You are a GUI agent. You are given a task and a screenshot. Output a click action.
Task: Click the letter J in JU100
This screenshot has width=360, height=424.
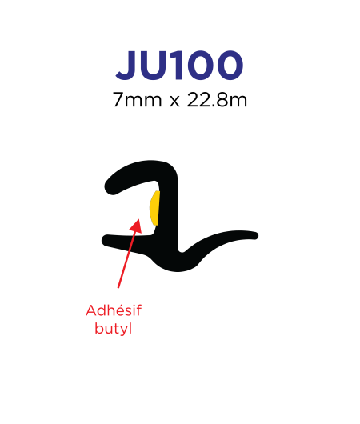click(126, 65)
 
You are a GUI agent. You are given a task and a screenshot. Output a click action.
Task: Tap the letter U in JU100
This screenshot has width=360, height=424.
click(154, 66)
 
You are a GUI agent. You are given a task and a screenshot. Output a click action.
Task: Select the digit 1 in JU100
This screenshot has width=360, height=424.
click(177, 65)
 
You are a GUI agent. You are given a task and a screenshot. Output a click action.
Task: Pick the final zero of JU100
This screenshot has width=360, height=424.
click(229, 65)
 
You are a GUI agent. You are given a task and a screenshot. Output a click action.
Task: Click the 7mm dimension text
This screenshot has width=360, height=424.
click(137, 100)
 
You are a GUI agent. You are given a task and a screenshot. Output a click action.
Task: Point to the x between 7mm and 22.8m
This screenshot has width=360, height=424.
click(174, 102)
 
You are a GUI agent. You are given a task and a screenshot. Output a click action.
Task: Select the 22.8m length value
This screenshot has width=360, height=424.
click(217, 100)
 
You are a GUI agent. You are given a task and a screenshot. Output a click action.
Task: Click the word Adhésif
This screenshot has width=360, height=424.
click(114, 310)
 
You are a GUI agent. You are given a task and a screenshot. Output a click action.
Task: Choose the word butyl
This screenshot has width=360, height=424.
click(114, 329)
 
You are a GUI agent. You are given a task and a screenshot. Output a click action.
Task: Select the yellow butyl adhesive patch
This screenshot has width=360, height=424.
click(154, 208)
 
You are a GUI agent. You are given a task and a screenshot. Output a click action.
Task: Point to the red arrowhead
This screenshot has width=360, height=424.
click(136, 226)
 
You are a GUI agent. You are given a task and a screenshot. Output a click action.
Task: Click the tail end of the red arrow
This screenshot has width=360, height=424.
click(118, 288)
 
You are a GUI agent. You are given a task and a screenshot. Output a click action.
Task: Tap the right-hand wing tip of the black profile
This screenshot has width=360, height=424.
click(255, 236)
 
